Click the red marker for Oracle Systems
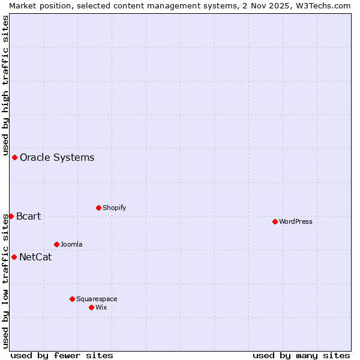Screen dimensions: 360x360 [14, 158]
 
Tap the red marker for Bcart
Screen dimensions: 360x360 [11, 216]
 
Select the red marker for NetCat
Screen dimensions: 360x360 [14, 257]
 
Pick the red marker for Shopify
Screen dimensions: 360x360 [98, 208]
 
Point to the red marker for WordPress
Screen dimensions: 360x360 [275, 222]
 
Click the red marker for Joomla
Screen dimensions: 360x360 [56, 245]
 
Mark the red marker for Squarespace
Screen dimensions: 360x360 [72, 299]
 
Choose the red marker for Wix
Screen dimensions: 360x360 [91, 308]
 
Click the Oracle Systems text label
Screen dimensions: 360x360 [57, 158]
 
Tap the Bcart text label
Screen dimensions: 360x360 [29, 216]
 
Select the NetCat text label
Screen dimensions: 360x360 [35, 257]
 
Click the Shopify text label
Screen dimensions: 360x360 [114, 208]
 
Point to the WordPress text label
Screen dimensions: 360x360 [296, 222]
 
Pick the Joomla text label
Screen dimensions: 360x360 [71, 245]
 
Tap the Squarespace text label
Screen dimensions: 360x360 [97, 299]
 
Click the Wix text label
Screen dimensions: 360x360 [101, 308]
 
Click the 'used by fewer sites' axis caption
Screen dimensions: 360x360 [62, 355]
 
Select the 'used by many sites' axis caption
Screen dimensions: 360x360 [301, 355]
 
